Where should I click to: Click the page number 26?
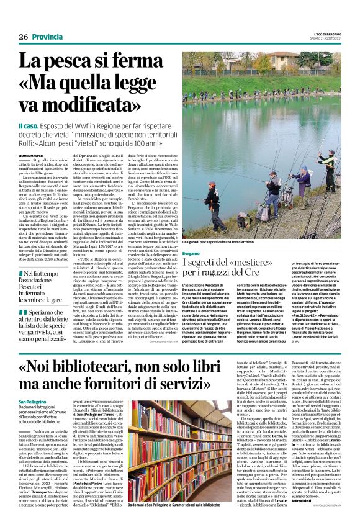(23, 37)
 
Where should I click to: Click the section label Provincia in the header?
(48, 37)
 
